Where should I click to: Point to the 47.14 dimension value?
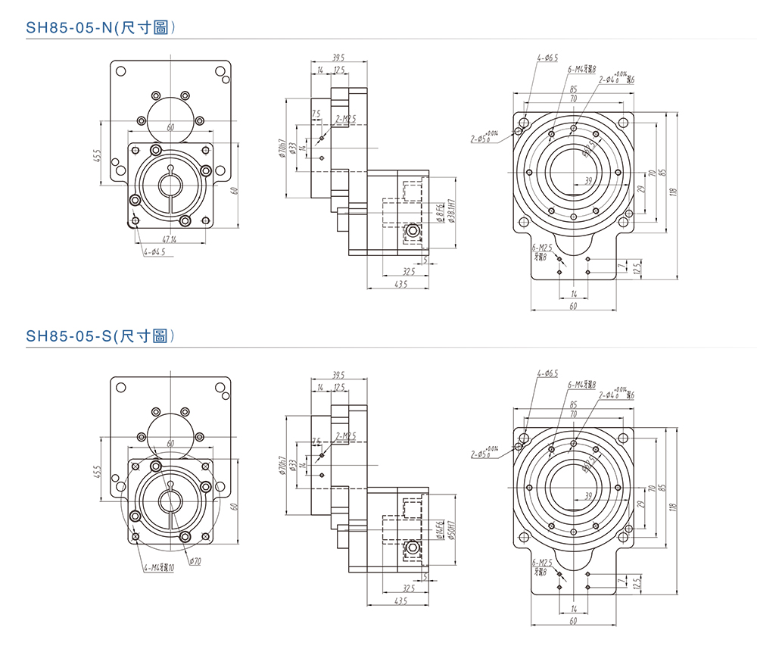(x=169, y=240)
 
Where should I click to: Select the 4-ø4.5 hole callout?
(x=154, y=251)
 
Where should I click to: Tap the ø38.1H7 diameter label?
(x=451, y=214)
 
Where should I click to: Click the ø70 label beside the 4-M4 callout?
(x=195, y=561)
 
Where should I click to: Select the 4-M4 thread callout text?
(x=158, y=567)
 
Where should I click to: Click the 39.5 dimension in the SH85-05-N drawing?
(x=338, y=58)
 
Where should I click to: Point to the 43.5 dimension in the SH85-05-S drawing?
(x=400, y=601)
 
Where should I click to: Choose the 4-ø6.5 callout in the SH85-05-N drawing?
(x=547, y=58)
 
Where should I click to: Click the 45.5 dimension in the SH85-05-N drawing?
(x=98, y=155)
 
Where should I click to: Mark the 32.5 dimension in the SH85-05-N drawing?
(x=409, y=271)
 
